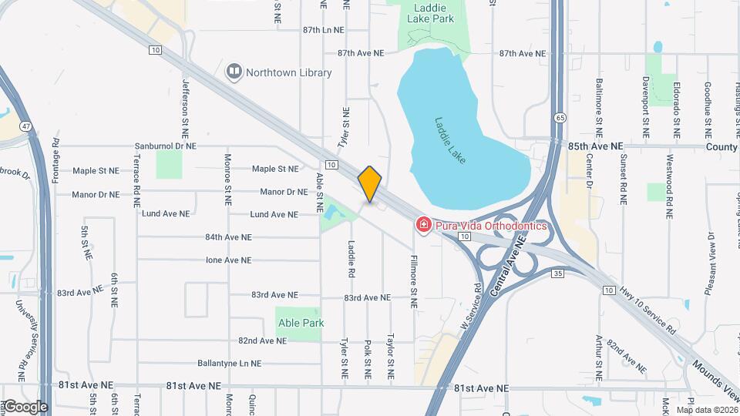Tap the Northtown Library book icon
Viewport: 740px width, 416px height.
point(234,72)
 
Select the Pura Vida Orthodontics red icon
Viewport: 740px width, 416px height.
point(423,226)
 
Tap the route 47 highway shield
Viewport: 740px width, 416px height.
point(26,126)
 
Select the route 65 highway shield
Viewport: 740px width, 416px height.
point(558,117)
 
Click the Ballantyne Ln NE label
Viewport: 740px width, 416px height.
point(229,363)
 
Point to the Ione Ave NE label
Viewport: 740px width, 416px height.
point(228,260)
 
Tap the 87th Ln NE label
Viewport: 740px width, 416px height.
point(311,30)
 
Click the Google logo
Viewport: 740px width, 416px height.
point(25,406)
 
